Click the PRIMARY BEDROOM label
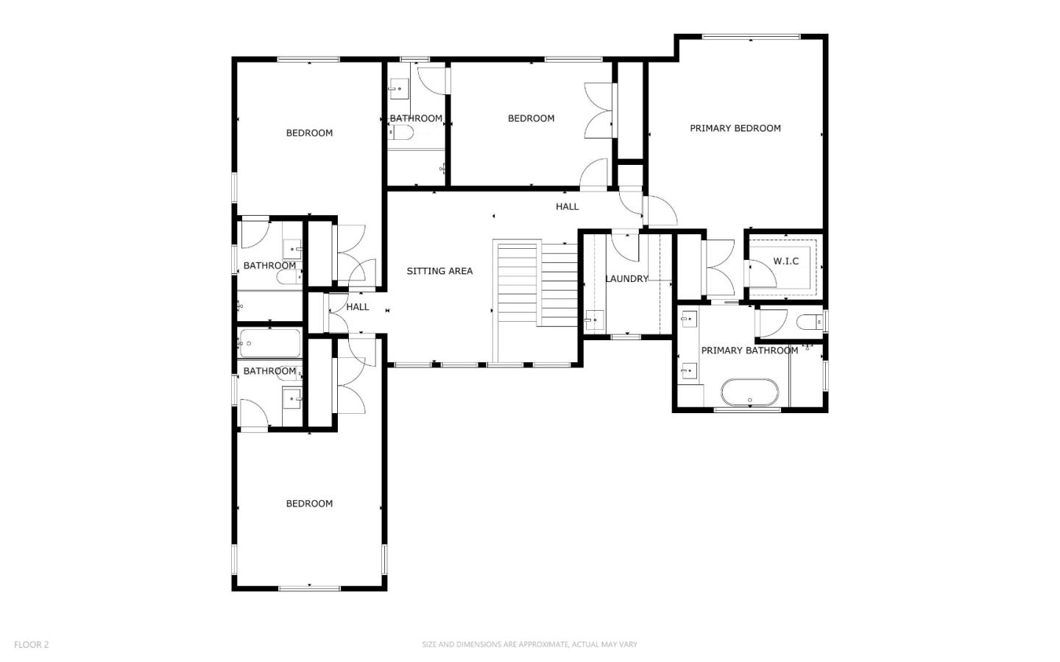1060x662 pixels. pos(735,128)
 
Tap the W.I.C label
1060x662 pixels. pos(785,261)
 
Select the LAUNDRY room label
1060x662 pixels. pos(626,279)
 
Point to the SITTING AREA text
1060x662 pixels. pos(439,271)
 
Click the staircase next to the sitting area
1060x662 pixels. pos(536,284)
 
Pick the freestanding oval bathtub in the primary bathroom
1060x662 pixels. pos(749,392)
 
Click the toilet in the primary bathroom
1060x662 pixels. pos(809,322)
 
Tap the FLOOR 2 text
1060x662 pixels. pos(31,644)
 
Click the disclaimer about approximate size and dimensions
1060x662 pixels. pos(529,644)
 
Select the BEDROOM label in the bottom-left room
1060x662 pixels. pos(309,504)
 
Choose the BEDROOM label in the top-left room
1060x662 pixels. pos(309,133)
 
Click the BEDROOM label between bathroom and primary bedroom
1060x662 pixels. pos(531,119)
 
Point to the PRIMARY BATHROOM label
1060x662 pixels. pos(749,351)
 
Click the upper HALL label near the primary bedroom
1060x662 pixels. pos(567,207)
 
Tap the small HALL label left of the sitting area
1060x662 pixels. pos(358,307)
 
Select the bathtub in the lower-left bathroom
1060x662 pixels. pos(269,343)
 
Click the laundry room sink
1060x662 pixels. pos(594,320)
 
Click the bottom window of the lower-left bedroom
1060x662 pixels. pos(309,588)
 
